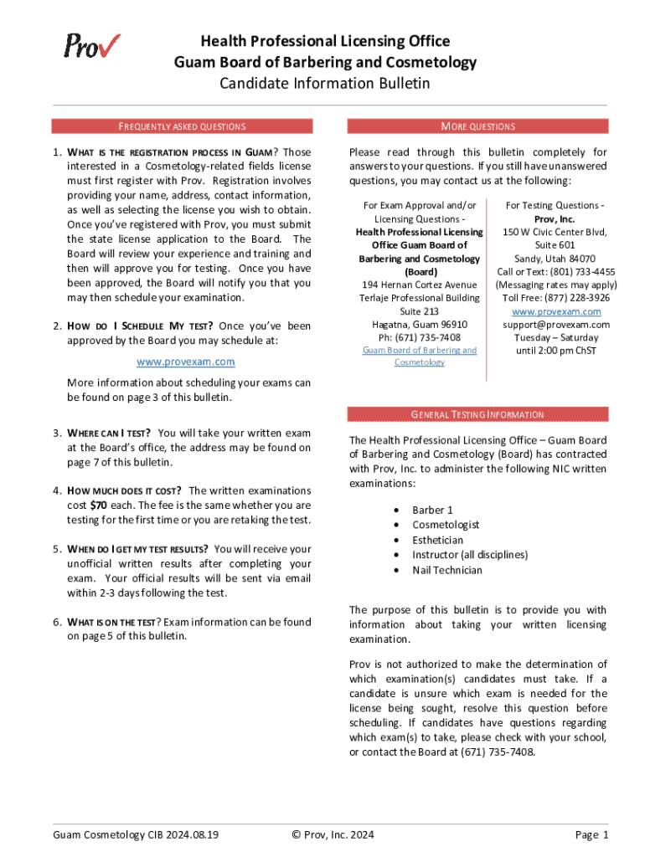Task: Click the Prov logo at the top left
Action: [91, 45]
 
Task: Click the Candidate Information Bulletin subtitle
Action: [324, 83]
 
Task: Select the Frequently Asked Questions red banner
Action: [182, 126]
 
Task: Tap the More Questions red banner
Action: [477, 126]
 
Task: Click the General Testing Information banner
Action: [477, 414]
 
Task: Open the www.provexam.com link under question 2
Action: [186, 362]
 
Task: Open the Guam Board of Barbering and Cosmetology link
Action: [420, 356]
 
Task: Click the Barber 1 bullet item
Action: [432, 510]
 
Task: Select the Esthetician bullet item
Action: [437, 540]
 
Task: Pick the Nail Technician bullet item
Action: [446, 570]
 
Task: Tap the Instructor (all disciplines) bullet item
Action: [469, 555]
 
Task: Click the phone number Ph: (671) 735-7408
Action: [420, 337]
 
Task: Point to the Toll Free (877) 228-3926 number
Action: [556, 297]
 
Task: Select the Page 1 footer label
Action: [591, 834]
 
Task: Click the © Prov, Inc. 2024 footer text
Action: [333, 834]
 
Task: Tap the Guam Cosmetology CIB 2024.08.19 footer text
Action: [136, 834]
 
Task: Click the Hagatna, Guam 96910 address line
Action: [420, 324]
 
